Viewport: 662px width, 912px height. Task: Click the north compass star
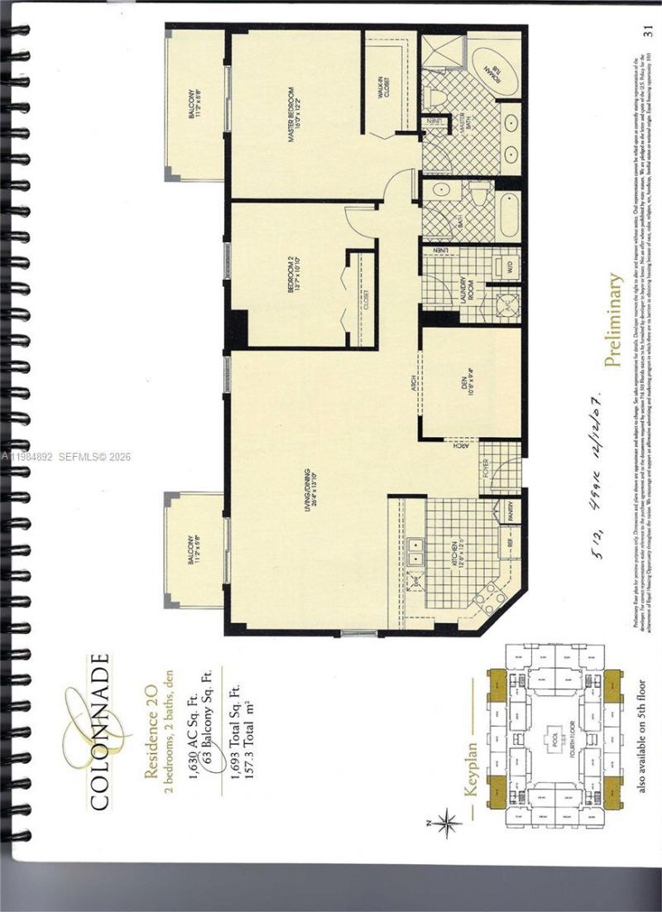pos(448,823)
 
